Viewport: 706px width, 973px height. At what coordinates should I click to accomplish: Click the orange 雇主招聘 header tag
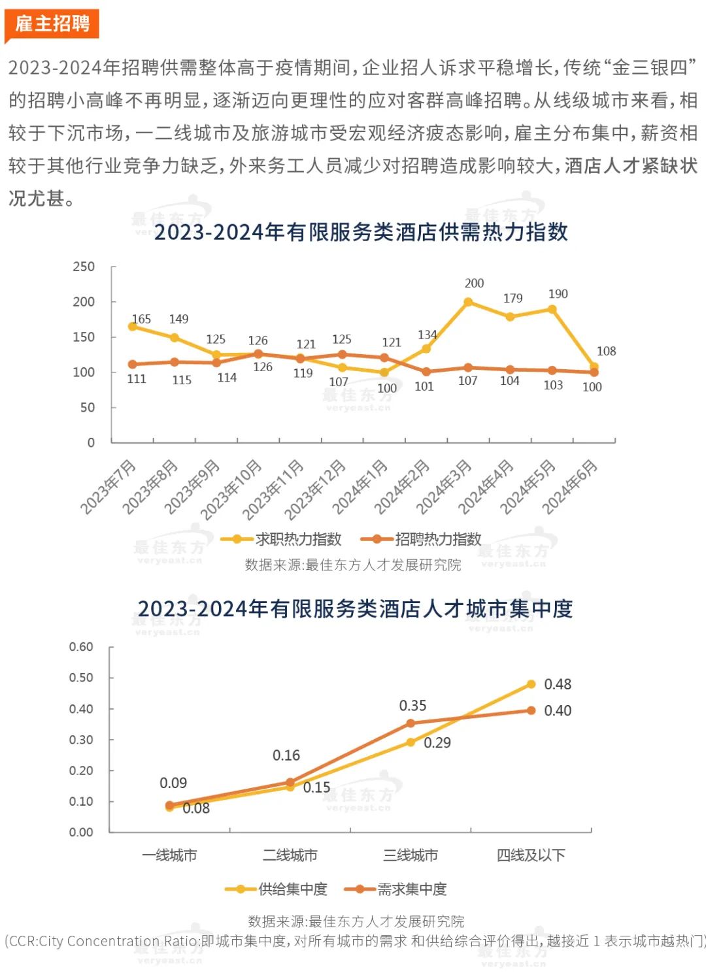point(52,24)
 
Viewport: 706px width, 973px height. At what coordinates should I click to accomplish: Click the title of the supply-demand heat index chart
point(361,232)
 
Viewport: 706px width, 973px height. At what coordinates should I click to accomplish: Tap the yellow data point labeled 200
point(468,302)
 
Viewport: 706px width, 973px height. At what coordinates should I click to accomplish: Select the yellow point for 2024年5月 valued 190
point(552,309)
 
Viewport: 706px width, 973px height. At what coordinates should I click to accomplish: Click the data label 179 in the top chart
point(513,298)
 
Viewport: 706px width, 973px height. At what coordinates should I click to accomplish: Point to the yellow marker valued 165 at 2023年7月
point(133,326)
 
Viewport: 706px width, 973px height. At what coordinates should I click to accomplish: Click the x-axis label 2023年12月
point(316,489)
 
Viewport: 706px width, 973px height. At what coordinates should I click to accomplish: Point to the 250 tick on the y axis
point(84,267)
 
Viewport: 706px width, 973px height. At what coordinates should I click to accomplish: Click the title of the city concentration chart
point(355,609)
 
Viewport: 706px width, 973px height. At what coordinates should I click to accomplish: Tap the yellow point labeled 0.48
point(531,684)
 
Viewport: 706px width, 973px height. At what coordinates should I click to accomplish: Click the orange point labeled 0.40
point(531,710)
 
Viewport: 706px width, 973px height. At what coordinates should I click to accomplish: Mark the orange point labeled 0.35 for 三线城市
point(411,723)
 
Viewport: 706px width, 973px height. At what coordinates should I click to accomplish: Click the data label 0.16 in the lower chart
point(286,755)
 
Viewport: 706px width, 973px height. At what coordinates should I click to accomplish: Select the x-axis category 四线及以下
point(531,855)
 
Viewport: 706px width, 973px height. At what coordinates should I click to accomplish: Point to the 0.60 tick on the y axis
point(81,647)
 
